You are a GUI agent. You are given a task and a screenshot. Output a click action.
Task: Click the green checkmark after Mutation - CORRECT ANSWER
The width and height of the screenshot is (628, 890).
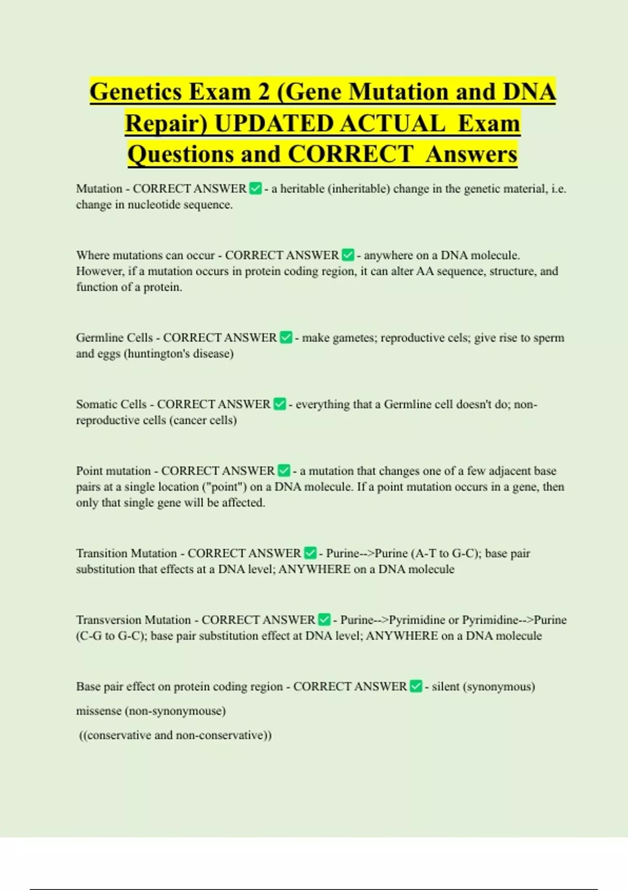point(255,188)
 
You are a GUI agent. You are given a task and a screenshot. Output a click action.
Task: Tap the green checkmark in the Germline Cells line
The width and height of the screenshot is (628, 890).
point(286,338)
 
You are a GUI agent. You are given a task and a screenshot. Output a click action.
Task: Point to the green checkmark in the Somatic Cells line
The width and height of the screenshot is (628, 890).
point(280,404)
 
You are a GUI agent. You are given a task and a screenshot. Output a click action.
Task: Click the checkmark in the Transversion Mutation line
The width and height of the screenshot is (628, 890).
point(324,620)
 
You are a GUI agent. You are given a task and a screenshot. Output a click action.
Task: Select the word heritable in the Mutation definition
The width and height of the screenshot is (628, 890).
point(302,188)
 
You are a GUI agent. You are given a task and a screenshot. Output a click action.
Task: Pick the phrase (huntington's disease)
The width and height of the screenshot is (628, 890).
point(178,353)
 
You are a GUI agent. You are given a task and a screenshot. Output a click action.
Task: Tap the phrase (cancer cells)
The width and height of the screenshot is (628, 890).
point(203,420)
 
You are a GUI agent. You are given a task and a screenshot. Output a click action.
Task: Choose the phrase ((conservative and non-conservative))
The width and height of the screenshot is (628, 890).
point(175,735)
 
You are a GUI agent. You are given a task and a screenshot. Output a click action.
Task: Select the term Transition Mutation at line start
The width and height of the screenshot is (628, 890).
point(127,553)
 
